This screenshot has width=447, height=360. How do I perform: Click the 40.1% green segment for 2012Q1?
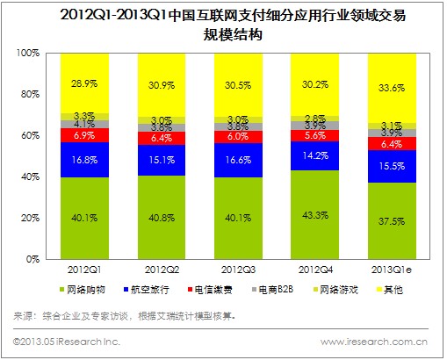85,218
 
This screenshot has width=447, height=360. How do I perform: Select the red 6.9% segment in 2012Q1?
85,136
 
